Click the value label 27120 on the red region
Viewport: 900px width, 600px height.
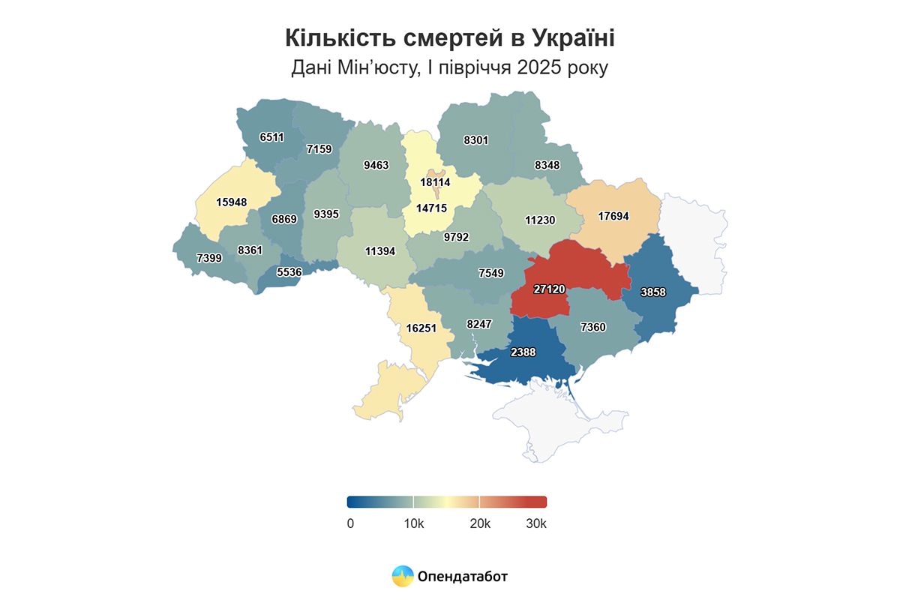pyautogui.click(x=550, y=289)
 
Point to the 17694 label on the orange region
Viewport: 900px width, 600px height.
pyautogui.click(x=613, y=216)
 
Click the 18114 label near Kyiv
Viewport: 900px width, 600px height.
pyautogui.click(x=435, y=182)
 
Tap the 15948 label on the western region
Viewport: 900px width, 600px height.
pyautogui.click(x=232, y=202)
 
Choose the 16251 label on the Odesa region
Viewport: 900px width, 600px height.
pyautogui.click(x=421, y=328)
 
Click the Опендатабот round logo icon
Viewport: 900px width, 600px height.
pyautogui.click(x=403, y=576)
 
